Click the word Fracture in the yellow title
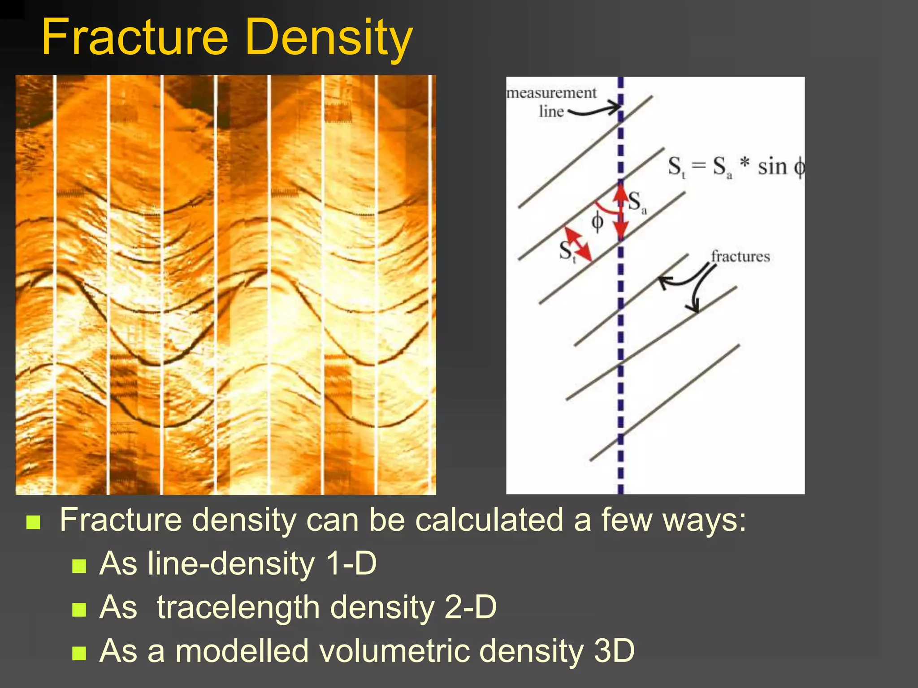[134, 38]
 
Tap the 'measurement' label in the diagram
[552, 93]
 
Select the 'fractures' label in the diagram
[740, 256]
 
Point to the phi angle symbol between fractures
[597, 222]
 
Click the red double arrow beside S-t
[578, 244]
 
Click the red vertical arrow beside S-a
[621, 213]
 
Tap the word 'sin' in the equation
[772, 167]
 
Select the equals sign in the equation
[699, 166]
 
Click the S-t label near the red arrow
[567, 251]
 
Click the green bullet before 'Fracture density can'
[34, 522]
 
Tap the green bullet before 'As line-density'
[79, 566]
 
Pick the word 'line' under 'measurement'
[551, 111]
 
